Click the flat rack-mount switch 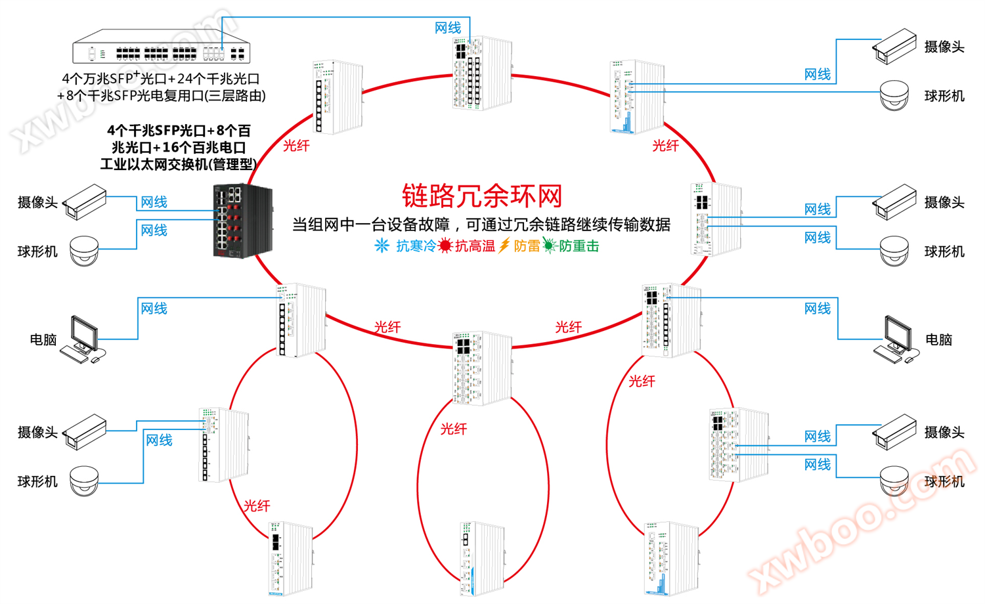click(x=161, y=47)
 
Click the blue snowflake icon click(x=382, y=246)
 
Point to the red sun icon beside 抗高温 click(x=445, y=246)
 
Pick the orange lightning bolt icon click(x=504, y=246)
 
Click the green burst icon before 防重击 click(x=549, y=246)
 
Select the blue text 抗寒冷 click(x=416, y=246)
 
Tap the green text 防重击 click(x=579, y=246)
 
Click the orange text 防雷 click(x=526, y=246)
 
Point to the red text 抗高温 click(x=475, y=246)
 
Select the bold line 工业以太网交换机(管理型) click(x=178, y=164)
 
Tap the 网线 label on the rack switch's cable click(x=448, y=28)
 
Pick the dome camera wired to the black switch click(x=84, y=250)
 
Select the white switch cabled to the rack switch click(x=481, y=73)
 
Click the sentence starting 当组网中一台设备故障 click(x=481, y=225)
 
